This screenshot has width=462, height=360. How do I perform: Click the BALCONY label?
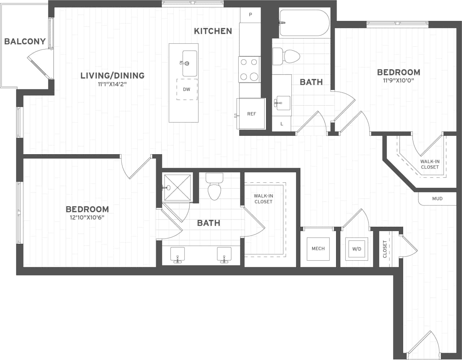25,41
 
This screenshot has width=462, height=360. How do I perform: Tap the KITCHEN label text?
213,31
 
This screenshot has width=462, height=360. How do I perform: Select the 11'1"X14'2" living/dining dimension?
112,84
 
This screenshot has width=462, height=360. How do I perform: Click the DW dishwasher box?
187,89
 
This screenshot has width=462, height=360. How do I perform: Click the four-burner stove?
249,69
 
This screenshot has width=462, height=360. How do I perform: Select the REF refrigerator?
251,114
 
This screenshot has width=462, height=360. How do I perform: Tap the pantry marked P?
250,15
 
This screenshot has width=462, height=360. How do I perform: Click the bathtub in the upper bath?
304,22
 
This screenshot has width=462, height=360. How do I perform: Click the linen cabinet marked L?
282,124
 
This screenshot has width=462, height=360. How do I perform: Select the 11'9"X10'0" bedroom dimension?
398,80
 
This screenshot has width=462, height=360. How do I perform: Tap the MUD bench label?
437,199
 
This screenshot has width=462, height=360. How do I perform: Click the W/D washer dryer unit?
356,249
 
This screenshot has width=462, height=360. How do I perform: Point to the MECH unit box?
318,249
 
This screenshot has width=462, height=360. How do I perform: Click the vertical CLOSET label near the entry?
385,249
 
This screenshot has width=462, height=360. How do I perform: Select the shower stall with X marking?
177,187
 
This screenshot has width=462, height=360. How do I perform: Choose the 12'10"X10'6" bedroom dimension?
87,217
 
